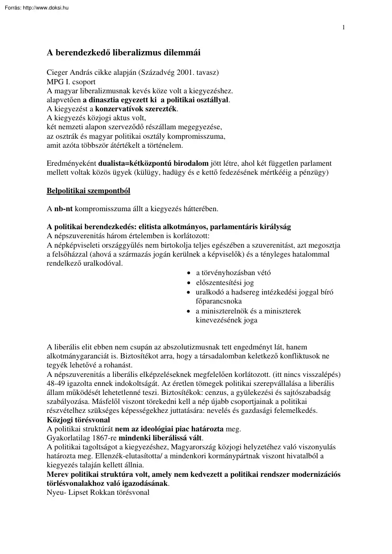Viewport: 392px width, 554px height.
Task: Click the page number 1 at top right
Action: tap(344, 27)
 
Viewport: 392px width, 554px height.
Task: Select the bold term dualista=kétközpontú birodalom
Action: tap(153, 163)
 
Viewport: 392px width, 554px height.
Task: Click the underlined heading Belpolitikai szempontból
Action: tap(88, 190)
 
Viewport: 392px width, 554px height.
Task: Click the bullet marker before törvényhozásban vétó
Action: tap(189, 273)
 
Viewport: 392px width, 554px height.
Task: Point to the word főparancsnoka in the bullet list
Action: tap(219, 301)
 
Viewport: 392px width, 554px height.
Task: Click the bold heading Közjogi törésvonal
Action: tap(78, 420)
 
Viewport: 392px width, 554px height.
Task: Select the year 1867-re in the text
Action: tap(103, 438)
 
